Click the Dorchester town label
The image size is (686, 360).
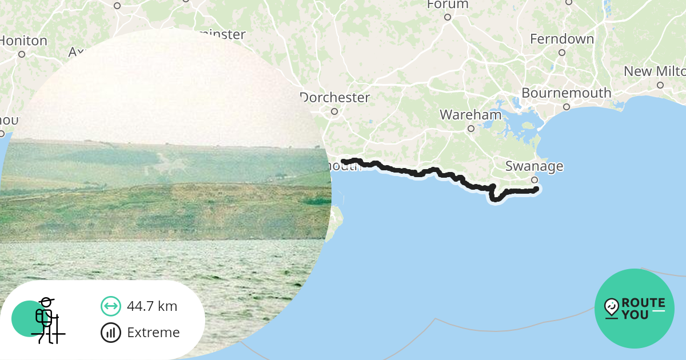pos(335,98)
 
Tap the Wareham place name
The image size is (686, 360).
pos(470,115)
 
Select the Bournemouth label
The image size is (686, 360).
pos(566,93)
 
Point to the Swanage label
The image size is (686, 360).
pos(534,166)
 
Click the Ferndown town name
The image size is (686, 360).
pos(561,39)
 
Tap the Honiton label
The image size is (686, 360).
pos(23,41)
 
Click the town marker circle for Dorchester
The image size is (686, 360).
pos(334,111)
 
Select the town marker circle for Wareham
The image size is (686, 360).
pos(470,129)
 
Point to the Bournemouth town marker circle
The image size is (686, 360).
pos(566,107)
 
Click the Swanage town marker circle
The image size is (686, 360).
pos(535,180)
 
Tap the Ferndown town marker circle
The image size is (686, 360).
pos(561,53)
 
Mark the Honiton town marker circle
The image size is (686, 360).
pos(22,54)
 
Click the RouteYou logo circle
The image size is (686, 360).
pos(634,309)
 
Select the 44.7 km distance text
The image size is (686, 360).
pos(152,306)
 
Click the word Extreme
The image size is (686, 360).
pos(153,333)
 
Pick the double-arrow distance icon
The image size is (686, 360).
pos(110,306)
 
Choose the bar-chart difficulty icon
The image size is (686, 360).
pos(110,333)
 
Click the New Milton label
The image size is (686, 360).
pos(655,71)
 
